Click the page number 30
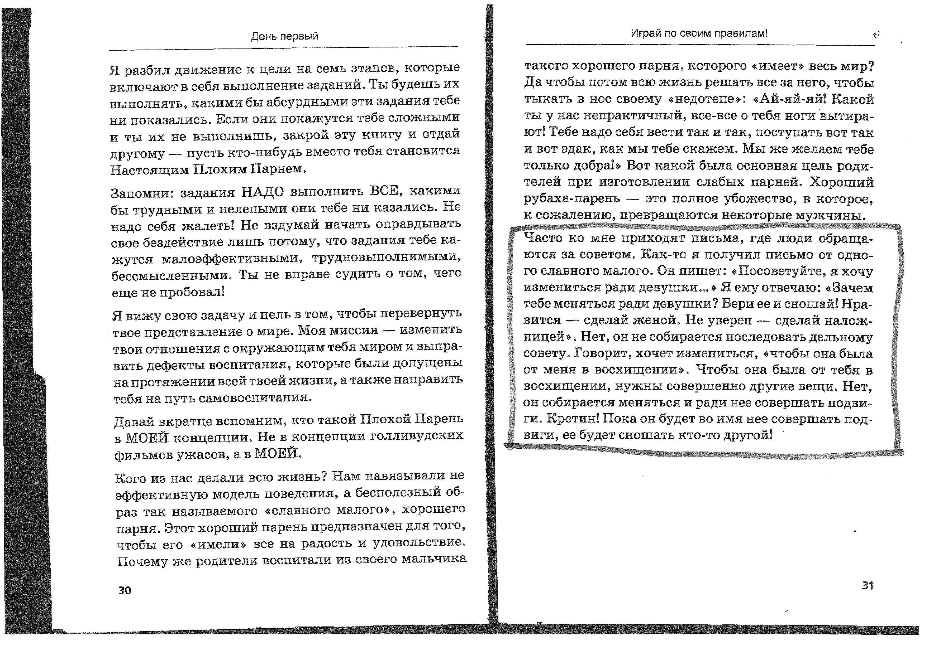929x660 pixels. click(x=125, y=590)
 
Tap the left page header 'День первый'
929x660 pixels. click(x=284, y=36)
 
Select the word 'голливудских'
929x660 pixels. click(x=417, y=435)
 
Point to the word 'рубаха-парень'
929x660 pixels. click(x=572, y=199)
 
